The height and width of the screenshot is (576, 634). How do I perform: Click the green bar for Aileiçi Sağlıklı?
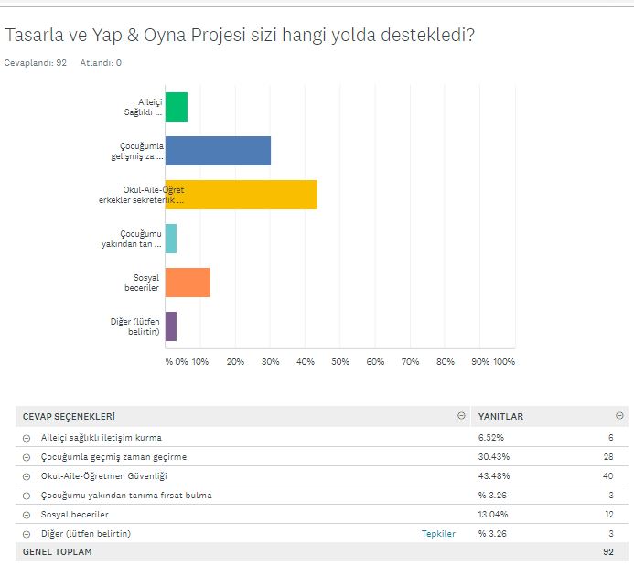177,107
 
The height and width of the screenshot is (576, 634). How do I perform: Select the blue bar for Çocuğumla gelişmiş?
218,151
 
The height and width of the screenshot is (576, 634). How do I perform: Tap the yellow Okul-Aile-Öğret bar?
241,195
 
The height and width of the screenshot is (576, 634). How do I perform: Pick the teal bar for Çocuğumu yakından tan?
171,239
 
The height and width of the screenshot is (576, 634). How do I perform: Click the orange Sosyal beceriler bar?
188,283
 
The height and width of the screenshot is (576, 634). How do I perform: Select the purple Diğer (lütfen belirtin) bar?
171,326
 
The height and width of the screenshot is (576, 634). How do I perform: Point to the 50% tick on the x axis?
340,362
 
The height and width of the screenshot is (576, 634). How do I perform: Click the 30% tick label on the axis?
270,362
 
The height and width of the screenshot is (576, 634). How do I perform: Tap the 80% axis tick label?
446,362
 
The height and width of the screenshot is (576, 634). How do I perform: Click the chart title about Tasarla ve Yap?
239,36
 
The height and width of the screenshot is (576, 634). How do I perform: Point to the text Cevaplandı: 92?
36,63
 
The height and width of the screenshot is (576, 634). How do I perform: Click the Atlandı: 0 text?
101,63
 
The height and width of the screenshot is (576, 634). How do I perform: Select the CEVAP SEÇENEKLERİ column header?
69,417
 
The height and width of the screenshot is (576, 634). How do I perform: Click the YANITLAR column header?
500,417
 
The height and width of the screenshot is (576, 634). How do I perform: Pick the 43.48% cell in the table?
491,475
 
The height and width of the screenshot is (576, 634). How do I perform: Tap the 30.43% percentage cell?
491,456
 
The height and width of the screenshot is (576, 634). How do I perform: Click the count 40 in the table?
608,475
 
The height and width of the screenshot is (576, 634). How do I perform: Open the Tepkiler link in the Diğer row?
438,533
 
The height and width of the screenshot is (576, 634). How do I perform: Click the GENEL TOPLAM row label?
58,552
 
